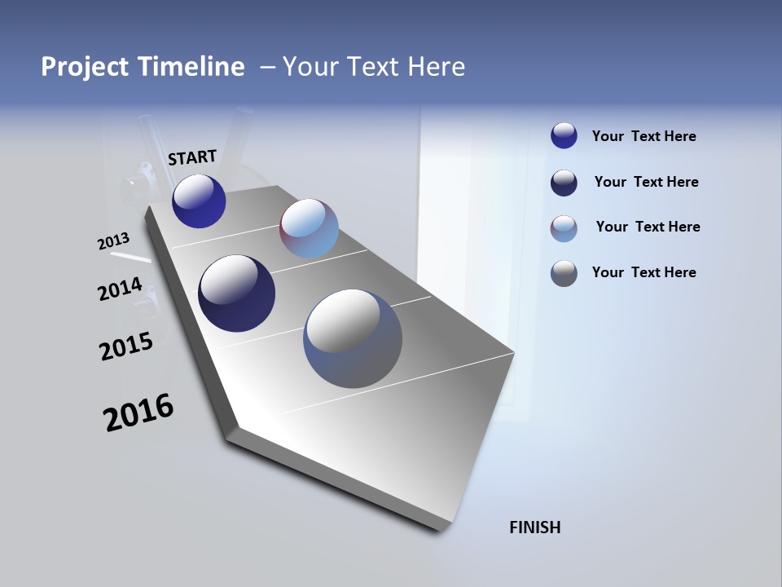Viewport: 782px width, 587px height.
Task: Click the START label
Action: [192, 157]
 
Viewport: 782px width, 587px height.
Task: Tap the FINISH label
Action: [534, 527]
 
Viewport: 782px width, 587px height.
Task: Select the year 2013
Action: [114, 241]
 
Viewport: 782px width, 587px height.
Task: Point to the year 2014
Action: [121, 289]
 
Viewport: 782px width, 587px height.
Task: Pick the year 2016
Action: [138, 413]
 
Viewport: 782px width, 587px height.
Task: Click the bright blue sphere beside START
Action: [199, 201]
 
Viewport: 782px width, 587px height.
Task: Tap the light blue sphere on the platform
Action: [309, 228]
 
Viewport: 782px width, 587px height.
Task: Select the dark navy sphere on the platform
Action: [236, 293]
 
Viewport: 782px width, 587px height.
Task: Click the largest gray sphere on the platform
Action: [353, 338]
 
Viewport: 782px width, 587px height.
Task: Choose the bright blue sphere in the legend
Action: [564, 135]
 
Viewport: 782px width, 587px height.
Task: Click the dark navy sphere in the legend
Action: [564, 183]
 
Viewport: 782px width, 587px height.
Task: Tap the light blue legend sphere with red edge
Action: [564, 228]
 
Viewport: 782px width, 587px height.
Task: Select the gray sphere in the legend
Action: [564, 273]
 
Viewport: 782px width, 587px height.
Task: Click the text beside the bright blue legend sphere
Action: [644, 137]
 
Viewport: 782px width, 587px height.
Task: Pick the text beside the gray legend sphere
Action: [644, 272]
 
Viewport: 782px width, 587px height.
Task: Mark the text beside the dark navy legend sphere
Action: [646, 182]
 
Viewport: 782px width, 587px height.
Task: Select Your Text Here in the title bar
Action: [374, 67]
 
